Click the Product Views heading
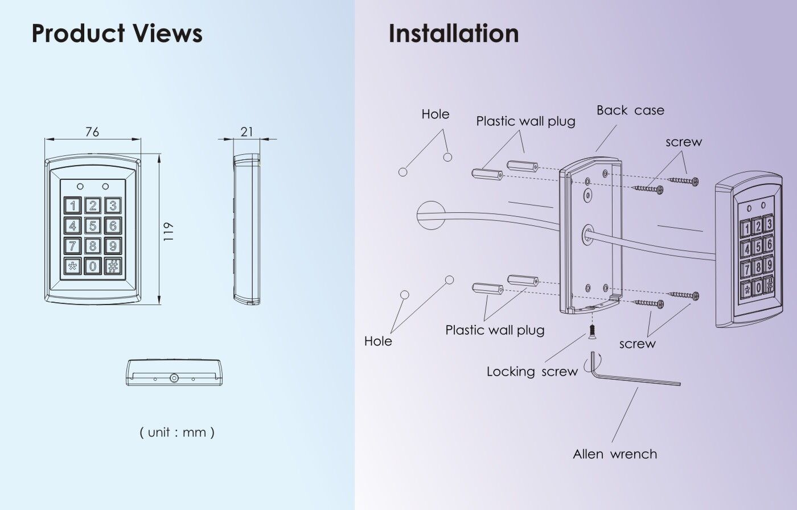pos(117,34)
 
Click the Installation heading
pos(454,34)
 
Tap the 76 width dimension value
pos(92,132)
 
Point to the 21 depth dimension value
pos(247,132)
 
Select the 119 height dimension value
pos(168,232)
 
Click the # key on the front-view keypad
pos(113,266)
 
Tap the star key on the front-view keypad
pos(72,266)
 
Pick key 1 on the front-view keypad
pos(72,205)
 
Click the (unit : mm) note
pos(177,432)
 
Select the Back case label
pos(630,110)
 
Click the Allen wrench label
pos(615,454)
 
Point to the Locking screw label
pos(532,372)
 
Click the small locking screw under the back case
pos(592,330)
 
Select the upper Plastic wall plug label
pos(525,121)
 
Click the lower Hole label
pos(379,341)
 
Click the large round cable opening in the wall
pos(430,215)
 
